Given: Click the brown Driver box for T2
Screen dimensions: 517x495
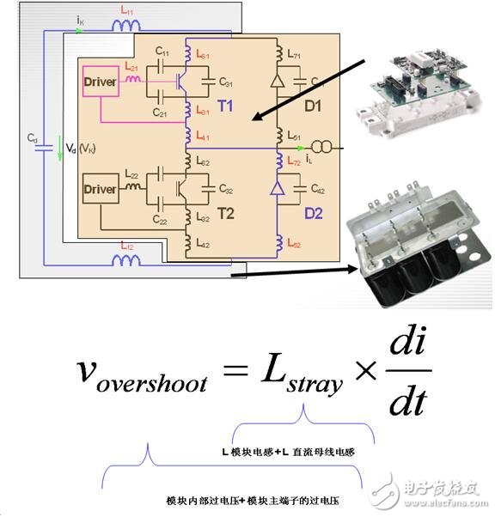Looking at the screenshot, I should point(100,189).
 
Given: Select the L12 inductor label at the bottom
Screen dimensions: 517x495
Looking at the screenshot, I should point(126,246).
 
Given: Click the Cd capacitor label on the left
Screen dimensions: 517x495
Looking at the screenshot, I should point(32,137).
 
